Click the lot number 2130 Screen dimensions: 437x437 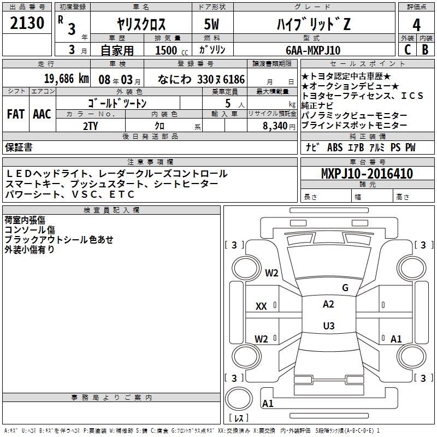click(27, 23)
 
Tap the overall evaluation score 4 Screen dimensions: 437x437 click(416, 25)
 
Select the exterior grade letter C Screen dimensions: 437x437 click(406, 50)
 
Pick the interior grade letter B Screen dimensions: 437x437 click(425, 50)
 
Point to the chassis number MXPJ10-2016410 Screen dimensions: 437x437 click(367, 174)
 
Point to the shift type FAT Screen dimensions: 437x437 click(15, 114)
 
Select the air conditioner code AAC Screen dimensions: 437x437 click(42, 114)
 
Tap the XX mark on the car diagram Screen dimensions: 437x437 click(261, 306)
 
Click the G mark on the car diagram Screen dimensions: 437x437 click(345, 287)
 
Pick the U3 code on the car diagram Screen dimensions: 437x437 click(328, 326)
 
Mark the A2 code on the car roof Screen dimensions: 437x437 click(328, 304)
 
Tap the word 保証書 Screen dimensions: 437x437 click(19, 147)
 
